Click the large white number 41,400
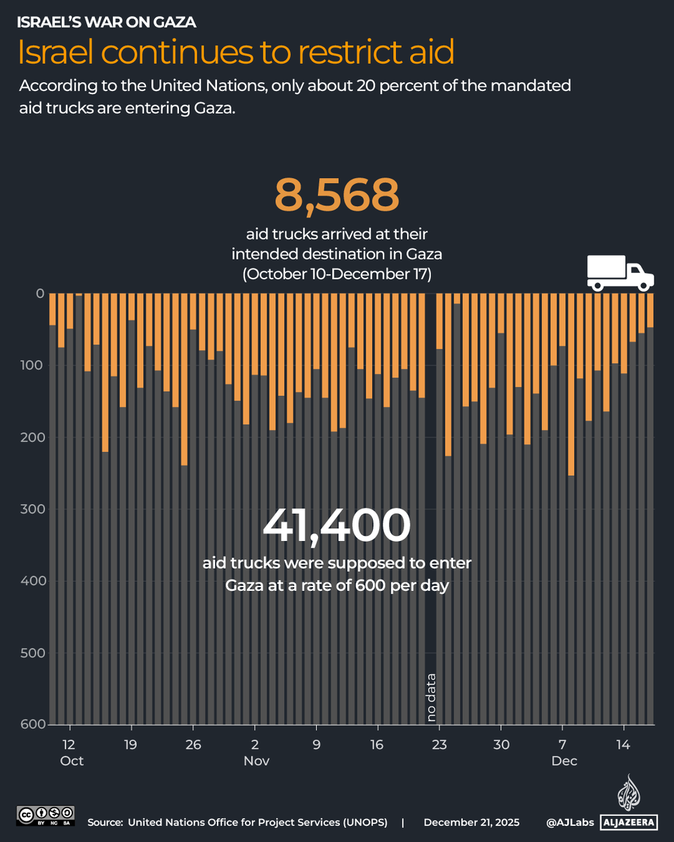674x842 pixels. pyautogui.click(x=336, y=526)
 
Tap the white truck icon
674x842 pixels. pyautogui.click(x=619, y=272)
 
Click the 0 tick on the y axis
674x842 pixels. pyautogui.click(x=40, y=293)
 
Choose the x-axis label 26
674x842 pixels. pyautogui.click(x=192, y=744)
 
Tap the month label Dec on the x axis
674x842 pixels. pyautogui.click(x=564, y=761)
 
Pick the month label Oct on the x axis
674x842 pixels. pyautogui.click(x=72, y=761)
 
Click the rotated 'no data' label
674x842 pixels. pyautogui.click(x=431, y=697)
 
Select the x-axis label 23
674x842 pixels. pyautogui.click(x=439, y=744)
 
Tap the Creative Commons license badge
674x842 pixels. pyautogui.click(x=45, y=815)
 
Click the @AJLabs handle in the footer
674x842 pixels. pyautogui.click(x=569, y=822)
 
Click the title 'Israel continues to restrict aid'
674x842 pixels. pyautogui.click(x=235, y=52)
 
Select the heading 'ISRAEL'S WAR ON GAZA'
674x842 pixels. pyautogui.click(x=106, y=22)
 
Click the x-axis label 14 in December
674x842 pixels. pyautogui.click(x=622, y=744)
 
